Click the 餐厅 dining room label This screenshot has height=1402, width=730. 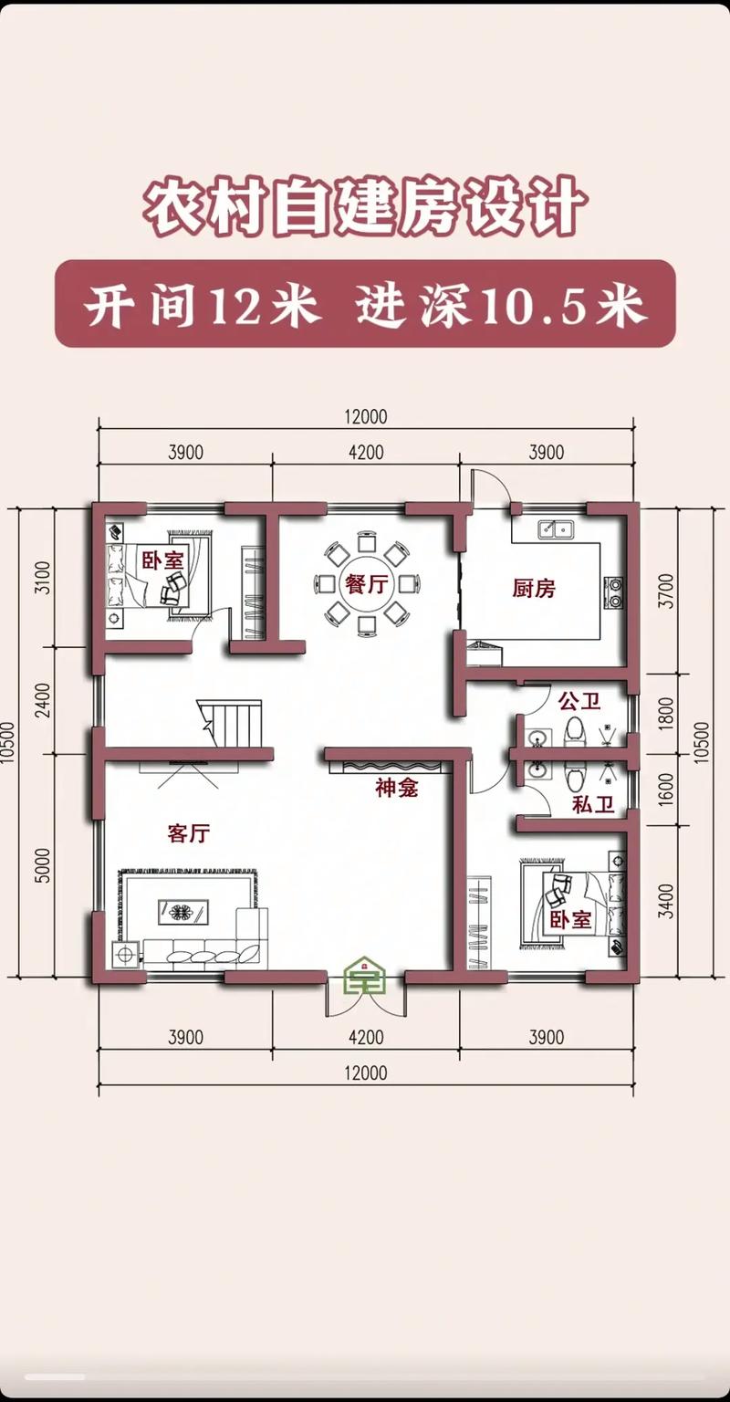pyautogui.click(x=367, y=584)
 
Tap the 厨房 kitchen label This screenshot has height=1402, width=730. pyautogui.click(x=534, y=589)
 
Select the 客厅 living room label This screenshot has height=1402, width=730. pyautogui.click(x=188, y=833)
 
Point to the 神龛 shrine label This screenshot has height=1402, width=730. pyautogui.click(x=397, y=788)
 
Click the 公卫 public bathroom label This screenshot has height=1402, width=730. pyautogui.click(x=579, y=701)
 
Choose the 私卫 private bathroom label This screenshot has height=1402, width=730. pyautogui.click(x=593, y=804)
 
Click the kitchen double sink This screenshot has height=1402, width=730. pyautogui.click(x=556, y=529)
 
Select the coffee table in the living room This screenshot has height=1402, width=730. pyautogui.click(x=183, y=911)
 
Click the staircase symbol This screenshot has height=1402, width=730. pyautogui.click(x=230, y=724)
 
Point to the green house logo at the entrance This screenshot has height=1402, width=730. pyautogui.click(x=365, y=975)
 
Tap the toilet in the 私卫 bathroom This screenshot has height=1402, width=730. pyautogui.click(x=574, y=776)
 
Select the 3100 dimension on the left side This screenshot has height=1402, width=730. pyautogui.click(x=43, y=577)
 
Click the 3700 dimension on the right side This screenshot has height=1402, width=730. pyautogui.click(x=667, y=591)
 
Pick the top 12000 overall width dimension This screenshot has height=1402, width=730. pyautogui.click(x=365, y=416)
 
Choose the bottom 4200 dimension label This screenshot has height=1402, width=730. pyautogui.click(x=366, y=1037)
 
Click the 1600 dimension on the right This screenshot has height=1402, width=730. pyautogui.click(x=667, y=790)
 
